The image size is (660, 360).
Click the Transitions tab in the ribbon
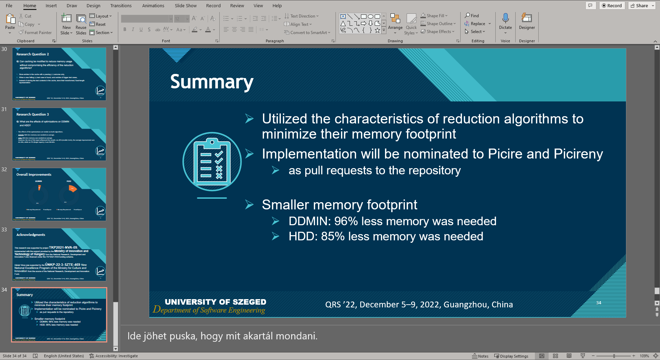click(x=121, y=6)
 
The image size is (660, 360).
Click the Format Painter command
click(x=35, y=33)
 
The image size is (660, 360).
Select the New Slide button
click(x=66, y=24)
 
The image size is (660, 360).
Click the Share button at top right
click(x=639, y=6)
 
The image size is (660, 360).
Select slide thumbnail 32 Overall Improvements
click(x=59, y=194)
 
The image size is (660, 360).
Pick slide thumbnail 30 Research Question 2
click(x=59, y=74)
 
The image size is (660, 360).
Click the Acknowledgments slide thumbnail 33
click(x=59, y=254)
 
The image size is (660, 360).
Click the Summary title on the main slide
click(x=212, y=82)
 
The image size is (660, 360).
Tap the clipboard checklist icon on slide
click(x=212, y=162)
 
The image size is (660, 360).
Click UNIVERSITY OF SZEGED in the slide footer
click(x=215, y=302)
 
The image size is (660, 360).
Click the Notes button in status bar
click(x=480, y=356)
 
